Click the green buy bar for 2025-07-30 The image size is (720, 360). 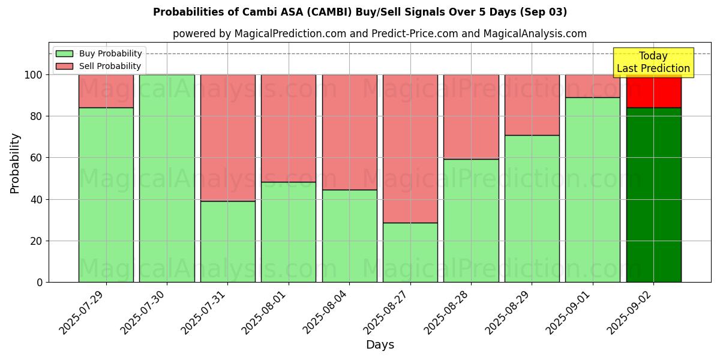click(x=167, y=178)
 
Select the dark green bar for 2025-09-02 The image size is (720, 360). click(x=653, y=195)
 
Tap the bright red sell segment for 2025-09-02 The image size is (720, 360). click(x=653, y=91)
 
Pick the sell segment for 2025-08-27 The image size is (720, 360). click(x=410, y=148)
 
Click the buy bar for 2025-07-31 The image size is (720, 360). click(x=227, y=241)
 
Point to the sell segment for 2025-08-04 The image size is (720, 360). click(x=349, y=132)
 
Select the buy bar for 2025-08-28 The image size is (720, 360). click(x=471, y=220)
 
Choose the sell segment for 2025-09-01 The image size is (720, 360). click(x=593, y=86)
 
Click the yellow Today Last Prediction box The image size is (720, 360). click(x=653, y=62)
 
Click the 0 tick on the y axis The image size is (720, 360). click(x=40, y=282)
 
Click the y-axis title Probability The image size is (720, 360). click(x=15, y=163)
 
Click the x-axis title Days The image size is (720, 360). click(x=380, y=345)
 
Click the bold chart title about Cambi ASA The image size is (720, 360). click(x=360, y=12)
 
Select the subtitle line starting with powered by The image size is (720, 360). click(x=380, y=34)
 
